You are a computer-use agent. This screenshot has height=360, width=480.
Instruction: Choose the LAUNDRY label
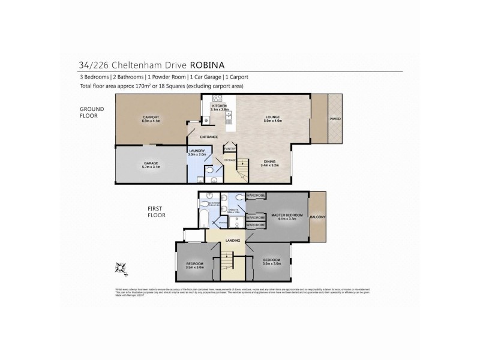(197, 151)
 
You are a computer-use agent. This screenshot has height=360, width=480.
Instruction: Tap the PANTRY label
(230, 148)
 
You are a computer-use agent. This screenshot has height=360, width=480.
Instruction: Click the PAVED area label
(334, 119)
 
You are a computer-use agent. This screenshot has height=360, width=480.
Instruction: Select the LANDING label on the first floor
(233, 241)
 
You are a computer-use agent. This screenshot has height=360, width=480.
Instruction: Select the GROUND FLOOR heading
(94, 112)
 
